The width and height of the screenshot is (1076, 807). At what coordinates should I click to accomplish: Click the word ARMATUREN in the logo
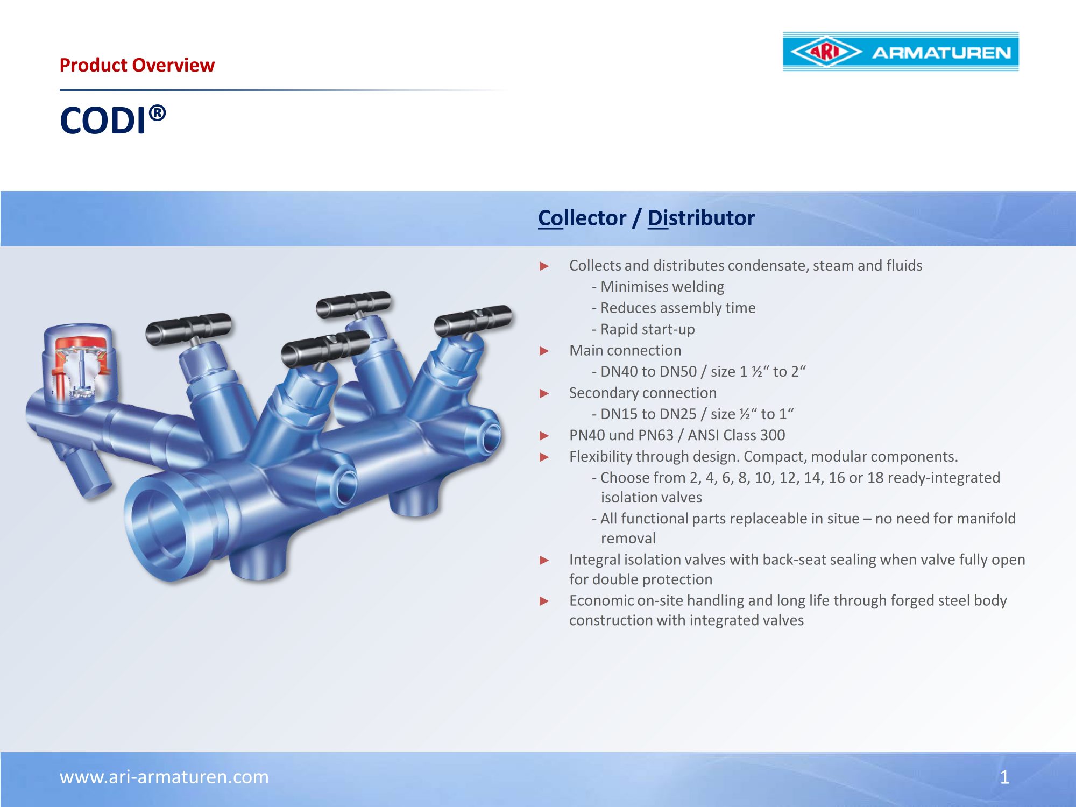pyautogui.click(x=942, y=53)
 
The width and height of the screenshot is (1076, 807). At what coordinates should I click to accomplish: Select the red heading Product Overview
pyautogui.click(x=137, y=65)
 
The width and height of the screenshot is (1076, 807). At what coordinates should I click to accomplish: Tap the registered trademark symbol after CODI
pyautogui.click(x=157, y=113)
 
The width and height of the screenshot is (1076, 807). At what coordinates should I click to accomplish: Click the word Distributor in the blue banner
pyautogui.click(x=701, y=218)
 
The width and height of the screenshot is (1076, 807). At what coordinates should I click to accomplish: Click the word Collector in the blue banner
pyautogui.click(x=582, y=218)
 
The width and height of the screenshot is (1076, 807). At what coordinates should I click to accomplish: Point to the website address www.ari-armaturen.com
pyautogui.click(x=164, y=777)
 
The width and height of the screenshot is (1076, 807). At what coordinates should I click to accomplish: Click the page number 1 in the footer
pyautogui.click(x=1004, y=777)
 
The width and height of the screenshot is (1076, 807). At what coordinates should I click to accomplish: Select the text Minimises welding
pyautogui.click(x=662, y=287)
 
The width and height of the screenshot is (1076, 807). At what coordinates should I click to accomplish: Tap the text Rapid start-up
pyautogui.click(x=648, y=329)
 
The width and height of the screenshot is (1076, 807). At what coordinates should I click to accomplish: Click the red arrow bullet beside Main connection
pyautogui.click(x=544, y=351)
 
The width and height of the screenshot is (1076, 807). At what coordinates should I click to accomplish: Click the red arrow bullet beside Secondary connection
pyautogui.click(x=544, y=394)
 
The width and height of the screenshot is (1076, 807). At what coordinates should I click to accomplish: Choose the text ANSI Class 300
pyautogui.click(x=737, y=435)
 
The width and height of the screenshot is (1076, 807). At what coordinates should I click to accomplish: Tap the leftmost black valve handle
pyautogui.click(x=188, y=328)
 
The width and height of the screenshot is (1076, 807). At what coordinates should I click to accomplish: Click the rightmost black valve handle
pyautogui.click(x=473, y=320)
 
